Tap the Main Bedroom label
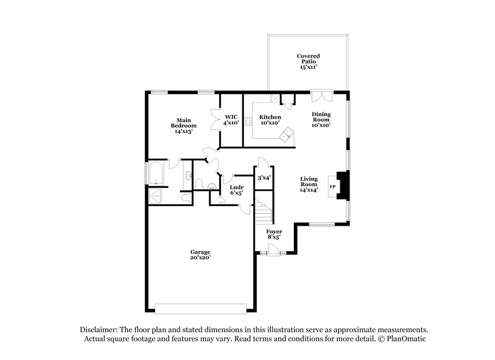tap(183, 126)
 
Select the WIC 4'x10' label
tap(232, 119)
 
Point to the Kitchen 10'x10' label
tap(270, 120)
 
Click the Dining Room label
tap(321, 119)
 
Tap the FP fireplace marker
tap(332, 186)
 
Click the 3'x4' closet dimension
tap(264, 178)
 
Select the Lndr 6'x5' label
tap(236, 190)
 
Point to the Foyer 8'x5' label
tap(274, 233)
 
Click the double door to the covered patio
tap(322, 96)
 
